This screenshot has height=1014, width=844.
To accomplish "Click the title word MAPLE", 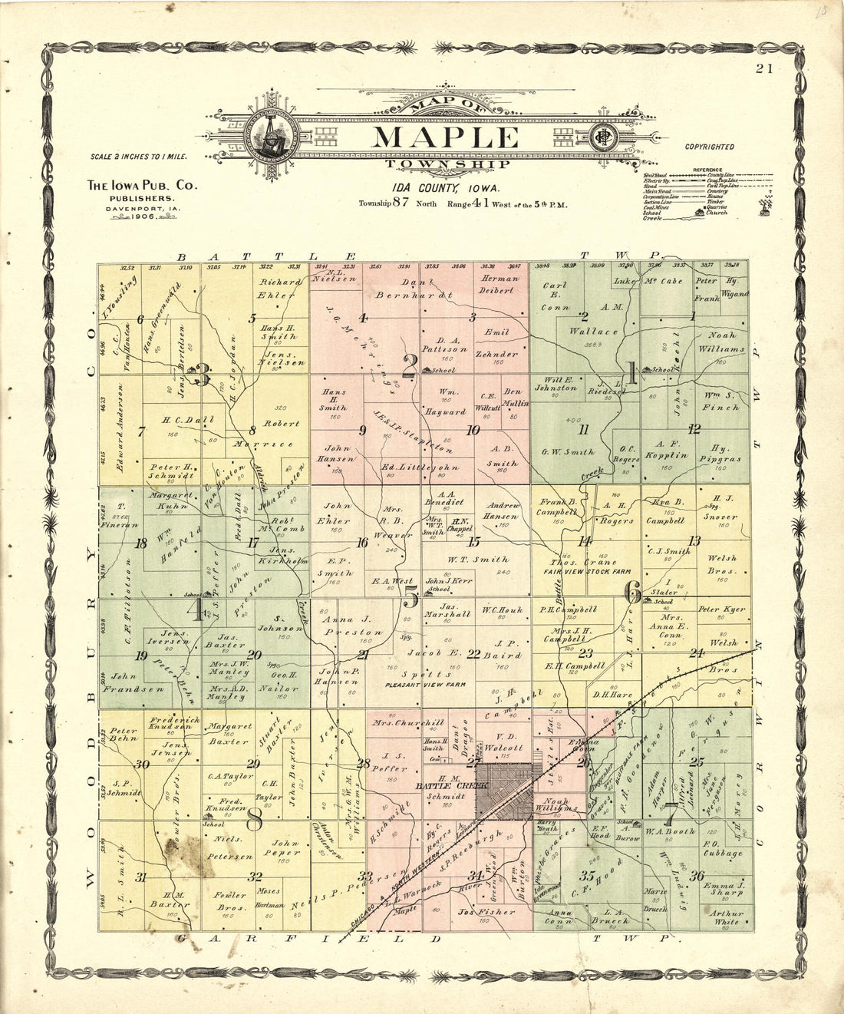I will (x=445, y=137).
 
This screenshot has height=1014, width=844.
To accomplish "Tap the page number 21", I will (x=763, y=68).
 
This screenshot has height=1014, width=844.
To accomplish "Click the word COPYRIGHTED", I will (x=709, y=147).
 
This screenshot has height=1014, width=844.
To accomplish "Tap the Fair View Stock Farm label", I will (x=587, y=572).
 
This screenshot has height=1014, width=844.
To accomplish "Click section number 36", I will (x=697, y=876).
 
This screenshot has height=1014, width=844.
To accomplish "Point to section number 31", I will (x=140, y=877).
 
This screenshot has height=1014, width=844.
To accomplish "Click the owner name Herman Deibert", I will (x=499, y=285).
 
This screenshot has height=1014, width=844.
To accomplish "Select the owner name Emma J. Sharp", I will (x=724, y=889).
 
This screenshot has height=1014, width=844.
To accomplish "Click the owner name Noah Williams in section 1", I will (x=720, y=342).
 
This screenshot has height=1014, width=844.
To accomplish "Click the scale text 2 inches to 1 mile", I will (x=138, y=157).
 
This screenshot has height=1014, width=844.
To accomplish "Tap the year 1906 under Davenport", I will (x=143, y=217).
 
